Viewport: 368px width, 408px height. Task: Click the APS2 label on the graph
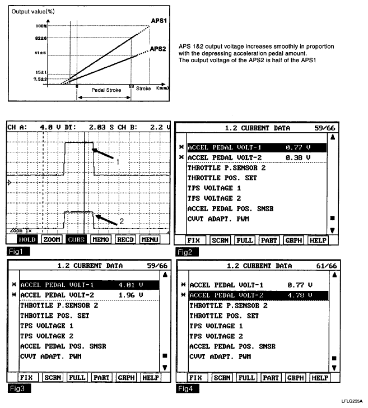[157, 49]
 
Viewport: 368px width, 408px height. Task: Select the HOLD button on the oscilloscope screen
[27, 239]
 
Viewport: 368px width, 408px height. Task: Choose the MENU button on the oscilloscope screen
[150, 239]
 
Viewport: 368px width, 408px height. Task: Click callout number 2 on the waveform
[122, 222]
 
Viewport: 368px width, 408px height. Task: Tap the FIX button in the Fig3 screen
[26, 378]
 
